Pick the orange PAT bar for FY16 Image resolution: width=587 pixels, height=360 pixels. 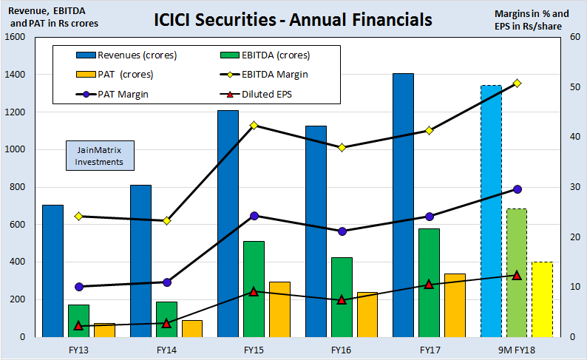(x=367, y=314)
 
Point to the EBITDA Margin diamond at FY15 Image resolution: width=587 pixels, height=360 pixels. (x=254, y=125)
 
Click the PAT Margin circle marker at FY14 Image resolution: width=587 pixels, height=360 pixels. (x=166, y=282)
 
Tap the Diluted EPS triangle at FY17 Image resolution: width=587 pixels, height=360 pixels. (x=428, y=284)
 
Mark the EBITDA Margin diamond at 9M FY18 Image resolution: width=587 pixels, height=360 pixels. (x=516, y=84)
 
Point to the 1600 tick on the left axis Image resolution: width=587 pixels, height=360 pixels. (x=16, y=37)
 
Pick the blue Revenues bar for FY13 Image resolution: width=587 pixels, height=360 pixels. (x=52, y=271)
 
